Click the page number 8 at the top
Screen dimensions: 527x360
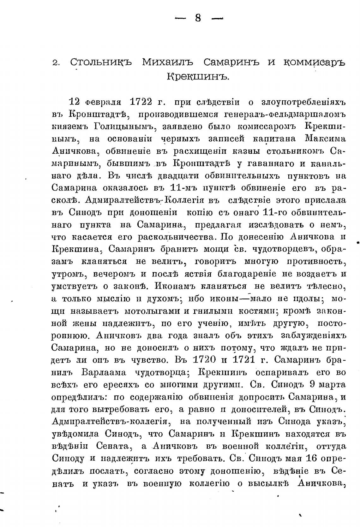pyautogui.click(x=198, y=19)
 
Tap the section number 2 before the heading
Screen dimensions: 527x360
pyautogui.click(x=56, y=62)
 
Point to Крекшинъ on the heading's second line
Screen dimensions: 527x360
pyautogui.click(x=197, y=76)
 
